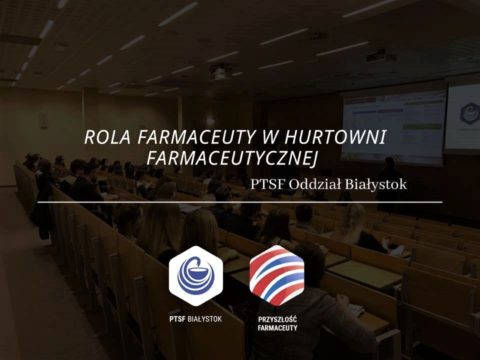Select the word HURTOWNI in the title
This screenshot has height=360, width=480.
coord(339,137)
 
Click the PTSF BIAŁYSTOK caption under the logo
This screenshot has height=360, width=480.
coord(195,318)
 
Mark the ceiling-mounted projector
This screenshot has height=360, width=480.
coord(219,72)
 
